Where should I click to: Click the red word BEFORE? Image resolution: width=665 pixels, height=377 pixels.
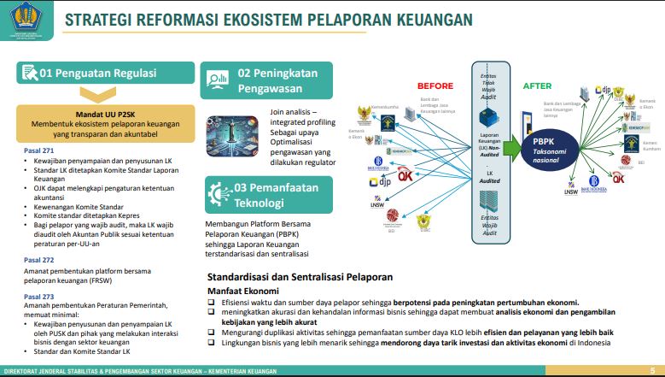point(435,85)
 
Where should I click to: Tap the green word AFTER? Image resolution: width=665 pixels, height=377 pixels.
point(537,85)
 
